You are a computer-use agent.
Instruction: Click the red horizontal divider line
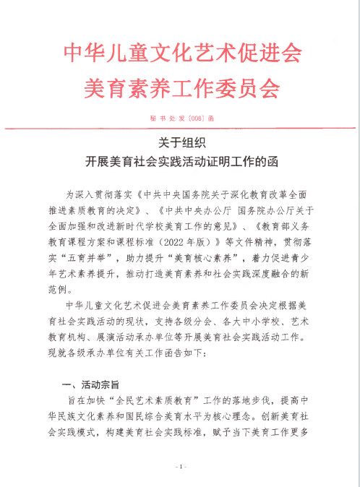(x=180, y=128)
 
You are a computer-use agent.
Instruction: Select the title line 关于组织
(x=180, y=143)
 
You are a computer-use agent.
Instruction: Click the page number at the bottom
(x=181, y=467)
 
